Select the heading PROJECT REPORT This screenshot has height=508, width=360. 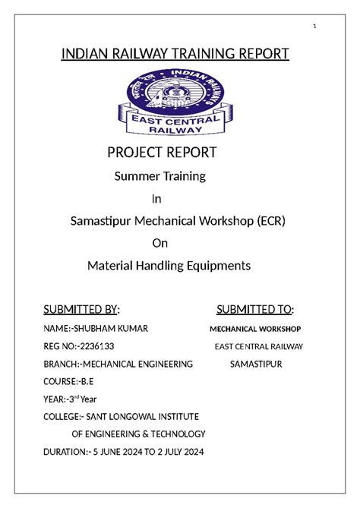[x=162, y=153]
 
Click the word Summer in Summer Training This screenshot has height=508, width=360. [x=133, y=177]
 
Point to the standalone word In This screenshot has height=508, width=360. [x=157, y=199]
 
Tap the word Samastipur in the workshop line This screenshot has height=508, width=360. [x=99, y=221]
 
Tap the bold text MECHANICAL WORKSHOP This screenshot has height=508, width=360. [x=255, y=329]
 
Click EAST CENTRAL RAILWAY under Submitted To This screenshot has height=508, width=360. [x=258, y=346]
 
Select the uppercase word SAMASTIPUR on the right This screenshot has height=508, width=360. [x=256, y=364]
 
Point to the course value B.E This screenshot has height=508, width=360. [x=86, y=381]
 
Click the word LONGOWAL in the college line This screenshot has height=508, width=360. [x=128, y=416]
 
